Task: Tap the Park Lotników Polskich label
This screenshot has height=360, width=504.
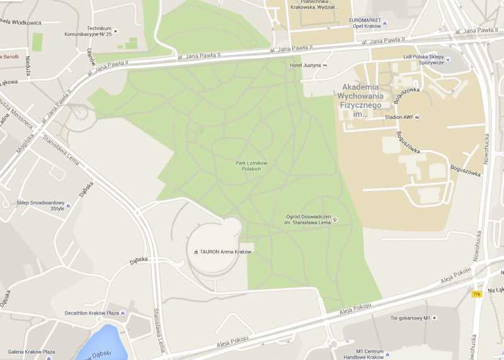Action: click(251, 166)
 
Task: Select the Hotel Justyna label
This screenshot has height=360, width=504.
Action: click(306, 65)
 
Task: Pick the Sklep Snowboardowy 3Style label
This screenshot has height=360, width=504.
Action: click(40, 206)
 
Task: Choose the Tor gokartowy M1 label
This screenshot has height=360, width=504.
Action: click(409, 318)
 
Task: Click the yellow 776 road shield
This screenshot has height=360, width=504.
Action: click(476, 294)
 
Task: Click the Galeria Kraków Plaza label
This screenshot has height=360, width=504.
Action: click(31, 351)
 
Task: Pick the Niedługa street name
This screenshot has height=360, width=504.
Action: click(28, 65)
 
